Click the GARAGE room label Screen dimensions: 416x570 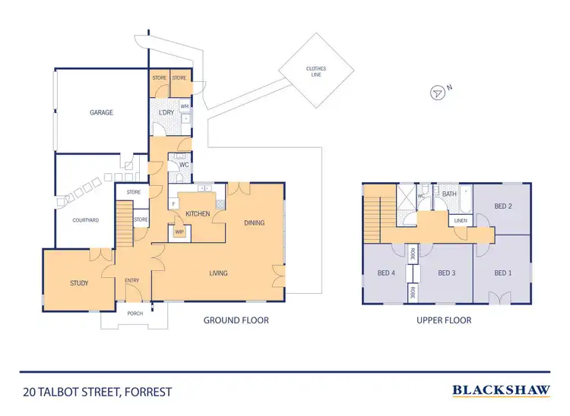click(x=101, y=112)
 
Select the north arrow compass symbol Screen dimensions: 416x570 click(x=438, y=93)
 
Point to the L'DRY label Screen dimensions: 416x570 click(x=166, y=113)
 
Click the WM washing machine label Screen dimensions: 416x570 click(x=185, y=106)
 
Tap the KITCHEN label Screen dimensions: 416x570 click(x=198, y=214)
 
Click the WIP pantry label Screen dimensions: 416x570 click(x=180, y=232)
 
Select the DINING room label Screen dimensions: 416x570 click(x=254, y=222)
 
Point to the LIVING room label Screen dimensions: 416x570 click(x=218, y=273)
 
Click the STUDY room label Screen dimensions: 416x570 click(x=79, y=283)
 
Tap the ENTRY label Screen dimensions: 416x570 click(x=132, y=281)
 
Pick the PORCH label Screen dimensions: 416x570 click(x=135, y=312)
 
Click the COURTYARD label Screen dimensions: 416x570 click(x=86, y=220)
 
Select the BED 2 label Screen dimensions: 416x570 click(x=502, y=206)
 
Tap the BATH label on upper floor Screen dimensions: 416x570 click(x=450, y=194)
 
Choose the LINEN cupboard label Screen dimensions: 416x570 click(x=461, y=221)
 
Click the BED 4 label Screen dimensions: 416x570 click(x=385, y=273)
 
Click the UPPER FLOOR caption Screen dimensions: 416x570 click(x=444, y=320)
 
